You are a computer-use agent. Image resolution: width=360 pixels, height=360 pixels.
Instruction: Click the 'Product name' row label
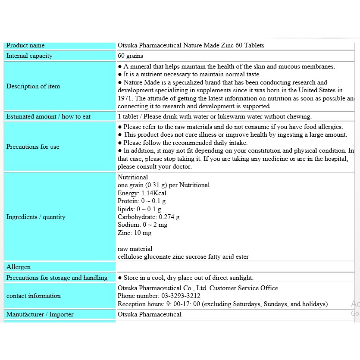[25, 46]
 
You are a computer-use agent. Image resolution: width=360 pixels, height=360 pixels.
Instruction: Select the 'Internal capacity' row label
[29, 56]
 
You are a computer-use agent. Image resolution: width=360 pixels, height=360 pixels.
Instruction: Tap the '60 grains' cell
[130, 56]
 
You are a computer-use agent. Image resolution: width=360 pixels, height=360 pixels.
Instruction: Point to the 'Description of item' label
[33, 86]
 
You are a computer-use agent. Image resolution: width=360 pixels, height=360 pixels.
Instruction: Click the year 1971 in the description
[125, 98]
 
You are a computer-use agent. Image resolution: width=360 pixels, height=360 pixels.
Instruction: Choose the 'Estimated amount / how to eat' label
[48, 116]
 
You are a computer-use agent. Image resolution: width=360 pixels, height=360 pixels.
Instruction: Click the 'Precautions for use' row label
[33, 147]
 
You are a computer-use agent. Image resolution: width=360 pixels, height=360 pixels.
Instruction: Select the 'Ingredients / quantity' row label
[36, 217]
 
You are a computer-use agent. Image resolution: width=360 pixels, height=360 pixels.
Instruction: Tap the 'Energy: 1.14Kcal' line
[142, 193]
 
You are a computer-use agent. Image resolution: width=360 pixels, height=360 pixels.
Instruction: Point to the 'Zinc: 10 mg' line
[135, 233]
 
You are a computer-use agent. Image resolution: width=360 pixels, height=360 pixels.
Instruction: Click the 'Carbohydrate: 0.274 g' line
[149, 217]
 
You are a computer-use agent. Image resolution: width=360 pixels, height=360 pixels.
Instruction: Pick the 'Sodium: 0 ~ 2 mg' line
[142, 225]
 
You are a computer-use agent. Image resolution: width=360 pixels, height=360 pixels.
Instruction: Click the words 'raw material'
[135, 249]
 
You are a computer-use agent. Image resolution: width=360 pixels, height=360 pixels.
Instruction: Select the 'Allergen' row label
[19, 267]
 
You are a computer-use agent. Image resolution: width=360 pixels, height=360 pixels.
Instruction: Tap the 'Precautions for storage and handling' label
[57, 278]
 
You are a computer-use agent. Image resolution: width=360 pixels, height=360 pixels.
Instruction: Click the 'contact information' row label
[34, 296]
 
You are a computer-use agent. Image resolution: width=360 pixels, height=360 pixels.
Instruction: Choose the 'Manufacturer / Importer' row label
[40, 314]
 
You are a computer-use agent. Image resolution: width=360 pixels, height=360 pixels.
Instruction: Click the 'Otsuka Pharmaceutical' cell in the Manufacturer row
[150, 314]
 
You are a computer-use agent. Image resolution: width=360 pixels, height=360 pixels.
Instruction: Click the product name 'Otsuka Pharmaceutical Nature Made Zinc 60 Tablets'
[191, 46]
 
